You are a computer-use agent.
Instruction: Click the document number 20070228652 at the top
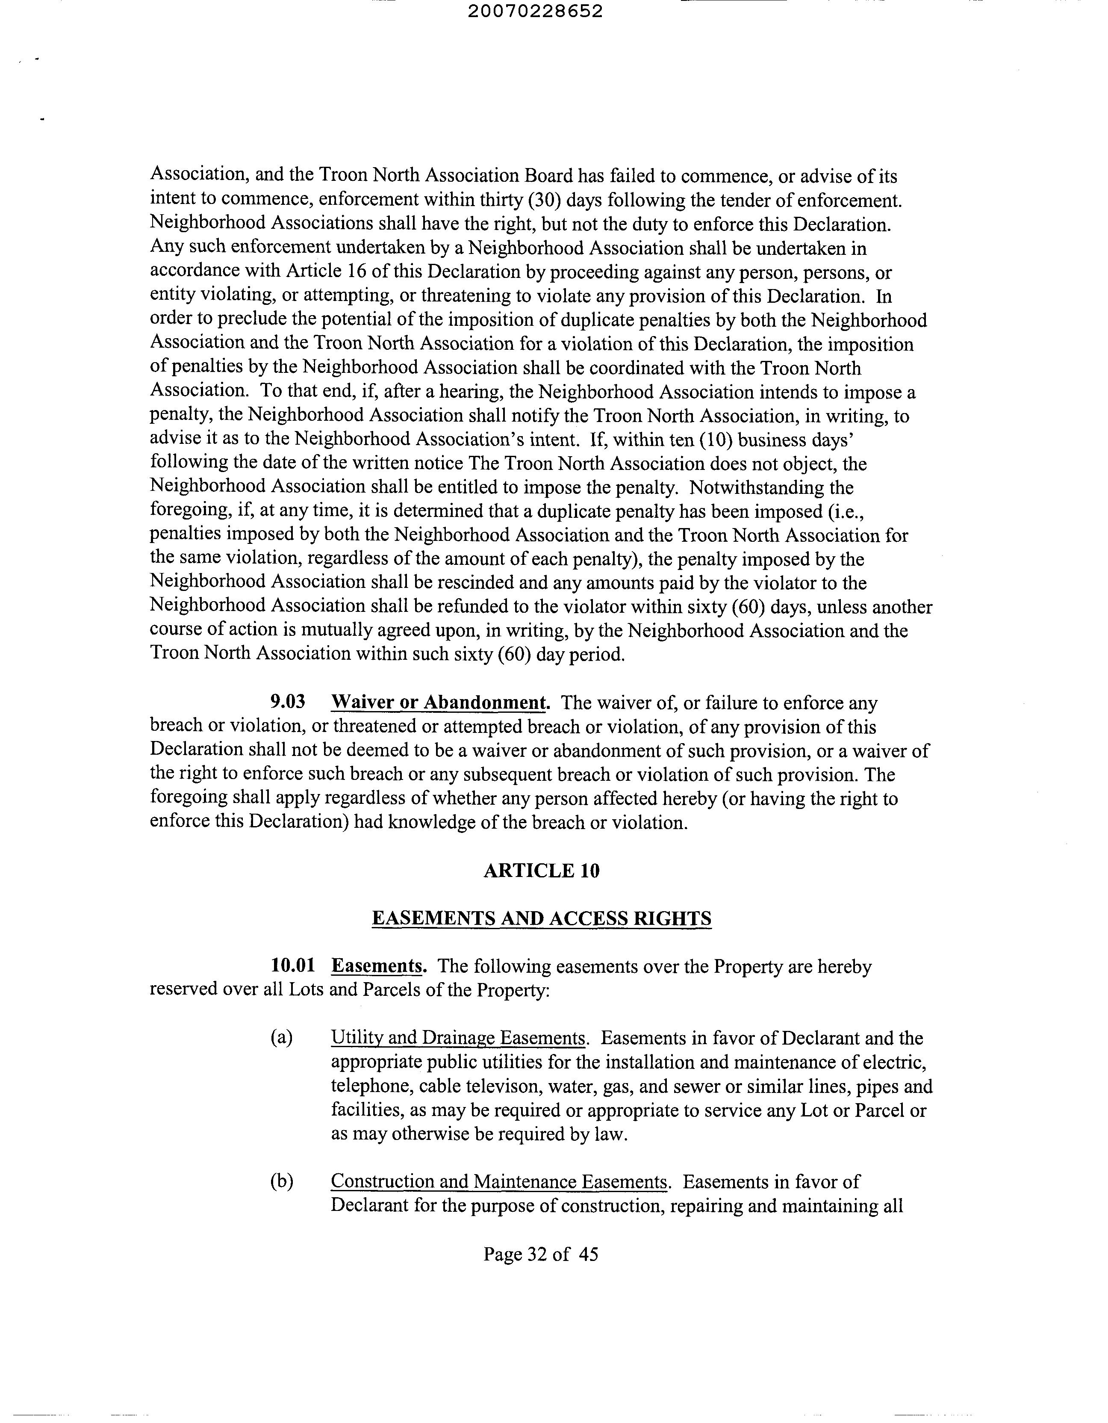535,12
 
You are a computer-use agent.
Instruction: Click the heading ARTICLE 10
541,871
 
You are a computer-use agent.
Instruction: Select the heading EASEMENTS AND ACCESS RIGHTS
541,919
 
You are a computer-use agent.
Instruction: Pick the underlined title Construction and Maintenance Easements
499,1181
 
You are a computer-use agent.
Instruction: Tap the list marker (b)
281,1181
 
